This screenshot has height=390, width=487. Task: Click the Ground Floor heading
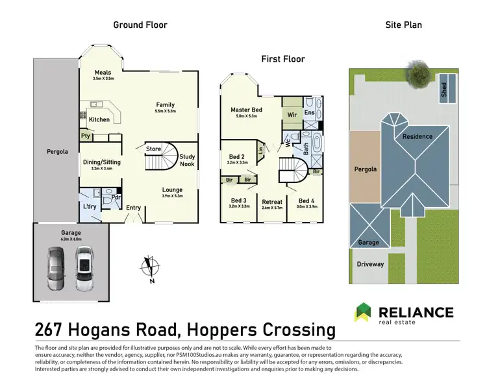140,25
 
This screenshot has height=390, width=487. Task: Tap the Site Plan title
404,25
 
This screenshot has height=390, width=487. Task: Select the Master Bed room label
247,110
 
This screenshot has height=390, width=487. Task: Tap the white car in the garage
84,269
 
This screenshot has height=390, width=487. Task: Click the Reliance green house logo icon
364,313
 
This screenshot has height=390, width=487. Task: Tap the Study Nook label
188,160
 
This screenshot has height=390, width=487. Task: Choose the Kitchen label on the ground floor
99,119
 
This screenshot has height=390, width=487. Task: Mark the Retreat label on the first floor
272,202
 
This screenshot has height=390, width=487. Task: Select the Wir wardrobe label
292,115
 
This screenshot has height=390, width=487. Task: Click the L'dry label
89,206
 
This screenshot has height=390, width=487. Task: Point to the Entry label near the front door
134,208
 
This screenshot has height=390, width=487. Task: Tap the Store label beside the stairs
153,149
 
